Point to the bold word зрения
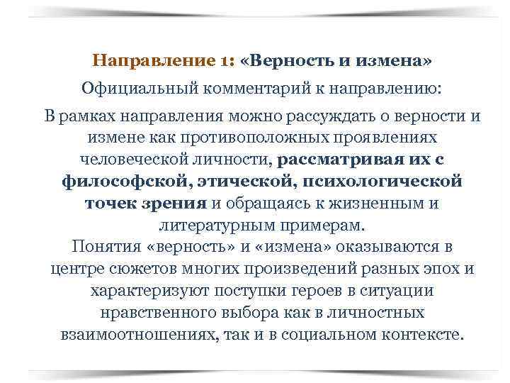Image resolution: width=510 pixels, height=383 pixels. pos(174,203)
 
